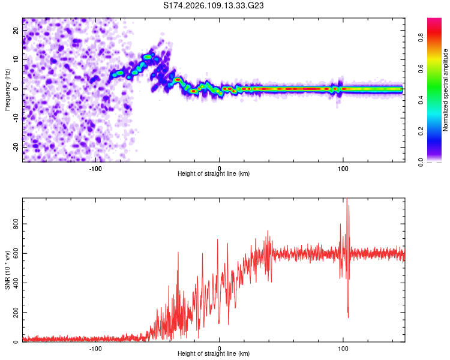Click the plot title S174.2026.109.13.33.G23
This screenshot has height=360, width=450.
tap(214, 5)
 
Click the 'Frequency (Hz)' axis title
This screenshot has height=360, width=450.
tap(7, 90)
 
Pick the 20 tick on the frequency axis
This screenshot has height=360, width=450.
tap(16, 31)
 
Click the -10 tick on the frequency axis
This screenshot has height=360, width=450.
tap(14, 118)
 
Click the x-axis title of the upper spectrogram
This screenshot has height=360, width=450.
tap(214, 174)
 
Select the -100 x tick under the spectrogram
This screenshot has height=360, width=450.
tap(95, 169)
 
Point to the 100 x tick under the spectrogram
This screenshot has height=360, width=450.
tap(343, 169)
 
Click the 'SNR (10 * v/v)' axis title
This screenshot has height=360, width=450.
tap(7, 270)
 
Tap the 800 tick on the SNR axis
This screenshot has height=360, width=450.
tap(14, 223)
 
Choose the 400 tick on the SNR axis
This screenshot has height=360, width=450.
tap(14, 283)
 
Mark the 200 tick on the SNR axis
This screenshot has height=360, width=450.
tap(14, 313)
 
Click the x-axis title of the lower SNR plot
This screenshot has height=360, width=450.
tap(214, 354)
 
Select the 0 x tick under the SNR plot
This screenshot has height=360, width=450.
tap(219, 349)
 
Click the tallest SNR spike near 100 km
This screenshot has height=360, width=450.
tap(347, 200)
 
